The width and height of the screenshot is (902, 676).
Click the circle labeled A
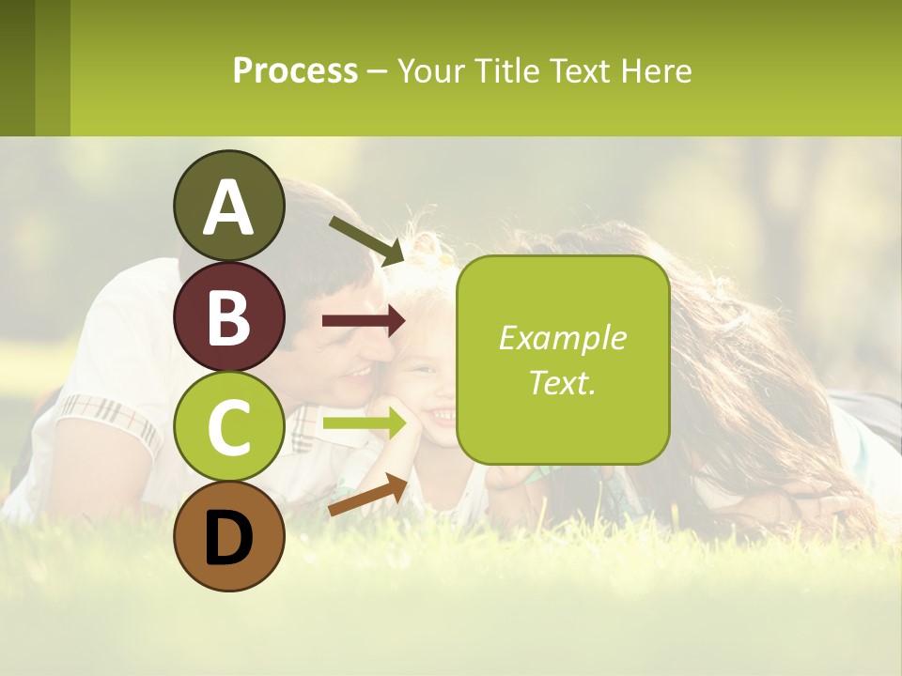coord(228,206)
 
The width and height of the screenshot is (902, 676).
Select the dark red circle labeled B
coord(228,316)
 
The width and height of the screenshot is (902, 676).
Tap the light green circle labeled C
coord(228,427)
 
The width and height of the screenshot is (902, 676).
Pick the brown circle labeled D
coord(228,537)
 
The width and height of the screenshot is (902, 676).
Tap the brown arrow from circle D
coord(367,495)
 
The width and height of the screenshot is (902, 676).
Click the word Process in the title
coord(295,70)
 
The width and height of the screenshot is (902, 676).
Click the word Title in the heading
coord(507,70)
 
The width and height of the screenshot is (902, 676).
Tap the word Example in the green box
coord(562,338)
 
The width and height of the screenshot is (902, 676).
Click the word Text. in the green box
coord(562,383)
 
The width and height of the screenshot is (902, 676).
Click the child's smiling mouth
coord(440,413)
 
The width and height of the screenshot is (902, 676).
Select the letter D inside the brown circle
coord(228,539)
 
